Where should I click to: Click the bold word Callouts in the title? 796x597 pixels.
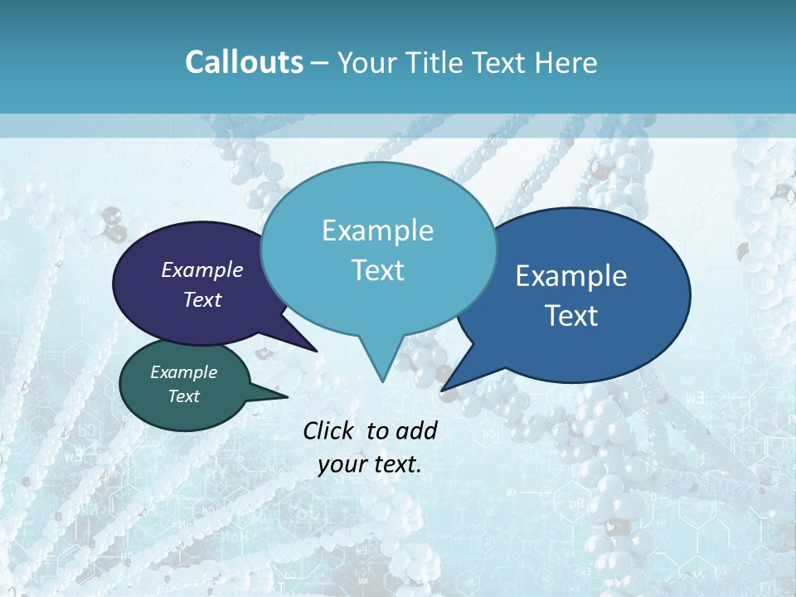pos(244,62)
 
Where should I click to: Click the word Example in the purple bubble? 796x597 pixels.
pos(202,269)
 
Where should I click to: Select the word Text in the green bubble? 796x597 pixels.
pos(184,396)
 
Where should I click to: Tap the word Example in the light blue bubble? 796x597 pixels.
pos(377,231)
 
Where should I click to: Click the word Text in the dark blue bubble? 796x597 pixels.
pos(571,315)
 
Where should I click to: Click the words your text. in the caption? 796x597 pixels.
pos(370,464)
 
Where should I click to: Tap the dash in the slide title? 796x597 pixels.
pos(321,63)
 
